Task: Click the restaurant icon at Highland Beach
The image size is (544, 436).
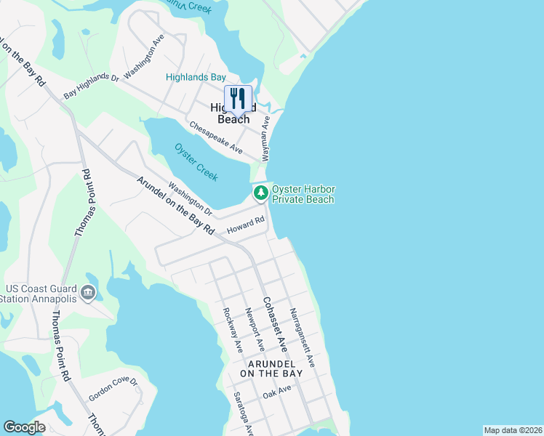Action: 238,98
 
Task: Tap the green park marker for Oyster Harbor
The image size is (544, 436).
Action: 260,193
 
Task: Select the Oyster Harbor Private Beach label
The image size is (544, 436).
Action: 303,194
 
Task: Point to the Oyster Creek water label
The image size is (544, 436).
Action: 196,161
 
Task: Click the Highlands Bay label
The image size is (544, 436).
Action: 196,77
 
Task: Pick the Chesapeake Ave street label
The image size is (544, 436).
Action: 216,137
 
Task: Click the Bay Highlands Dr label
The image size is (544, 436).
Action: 91,85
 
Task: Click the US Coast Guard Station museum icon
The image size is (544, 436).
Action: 88,293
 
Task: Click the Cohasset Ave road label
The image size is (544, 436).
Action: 273,320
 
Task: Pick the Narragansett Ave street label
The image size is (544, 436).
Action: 302,337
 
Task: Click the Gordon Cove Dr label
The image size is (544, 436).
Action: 113,390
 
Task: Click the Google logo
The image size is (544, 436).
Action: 24,427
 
